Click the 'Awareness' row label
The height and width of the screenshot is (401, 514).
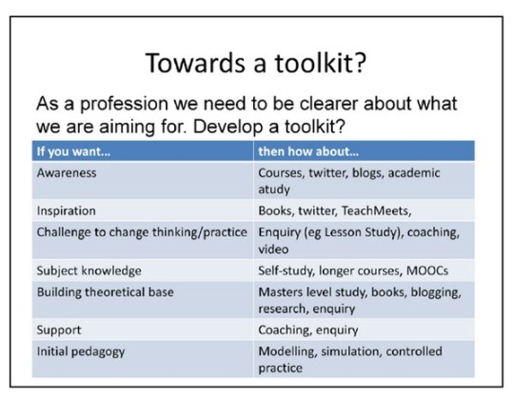pos(67,174)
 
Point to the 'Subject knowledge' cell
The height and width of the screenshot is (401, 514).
pos(89,271)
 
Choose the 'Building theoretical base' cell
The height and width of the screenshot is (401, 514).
pos(105,291)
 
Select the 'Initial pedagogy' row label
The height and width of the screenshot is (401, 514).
pos(81,351)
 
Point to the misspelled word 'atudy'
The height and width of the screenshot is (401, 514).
pos(276,190)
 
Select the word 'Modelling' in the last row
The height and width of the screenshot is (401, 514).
pos(287,351)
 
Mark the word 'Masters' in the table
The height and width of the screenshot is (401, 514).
pos(283,291)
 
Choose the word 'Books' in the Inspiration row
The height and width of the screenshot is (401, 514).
pos(276,211)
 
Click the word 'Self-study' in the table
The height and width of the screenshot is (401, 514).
pos(288,271)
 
